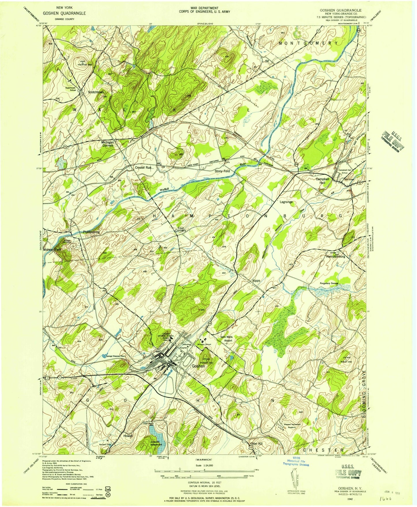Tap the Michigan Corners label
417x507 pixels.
(x=107, y=144)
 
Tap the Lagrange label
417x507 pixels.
(x=286, y=202)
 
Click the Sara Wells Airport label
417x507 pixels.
(x=227, y=339)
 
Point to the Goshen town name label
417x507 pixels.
(x=198, y=366)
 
